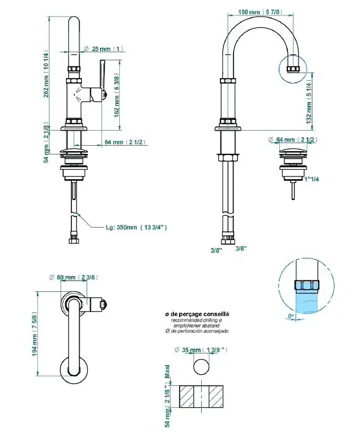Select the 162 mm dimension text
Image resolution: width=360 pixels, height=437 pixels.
pos(116,95)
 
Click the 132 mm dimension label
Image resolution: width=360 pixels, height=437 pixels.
pos(309,102)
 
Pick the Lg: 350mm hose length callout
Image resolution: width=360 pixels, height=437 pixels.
pos(136,226)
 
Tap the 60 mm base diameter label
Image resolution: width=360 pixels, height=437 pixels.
pos(77,277)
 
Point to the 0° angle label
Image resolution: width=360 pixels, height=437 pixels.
pos(291,316)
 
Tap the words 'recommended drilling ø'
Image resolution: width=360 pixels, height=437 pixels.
pos(197,320)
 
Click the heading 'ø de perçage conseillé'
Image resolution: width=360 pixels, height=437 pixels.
pos(197,314)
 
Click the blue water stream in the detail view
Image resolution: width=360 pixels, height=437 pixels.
pos(306,302)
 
